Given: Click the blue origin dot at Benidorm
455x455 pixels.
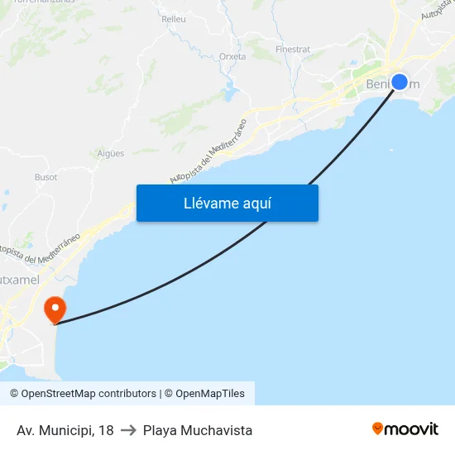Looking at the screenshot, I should coord(400,82).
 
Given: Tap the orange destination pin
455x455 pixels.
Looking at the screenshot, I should coord(55,310).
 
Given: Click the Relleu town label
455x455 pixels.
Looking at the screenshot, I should coord(174,18).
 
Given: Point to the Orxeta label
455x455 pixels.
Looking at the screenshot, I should coord(232,56).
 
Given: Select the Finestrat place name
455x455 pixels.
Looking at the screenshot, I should coord(293,49).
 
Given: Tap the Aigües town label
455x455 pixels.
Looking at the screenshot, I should coord(111,153).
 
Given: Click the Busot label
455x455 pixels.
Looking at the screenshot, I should coord(46,176).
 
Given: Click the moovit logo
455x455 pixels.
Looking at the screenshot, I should coord(405,429).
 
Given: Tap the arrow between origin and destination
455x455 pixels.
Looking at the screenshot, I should coord(128,430).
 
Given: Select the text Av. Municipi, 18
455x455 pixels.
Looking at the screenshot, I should coord(65,430).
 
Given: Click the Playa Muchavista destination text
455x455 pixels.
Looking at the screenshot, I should coord(198,430).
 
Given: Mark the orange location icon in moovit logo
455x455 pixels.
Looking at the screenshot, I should coord(378,429).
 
